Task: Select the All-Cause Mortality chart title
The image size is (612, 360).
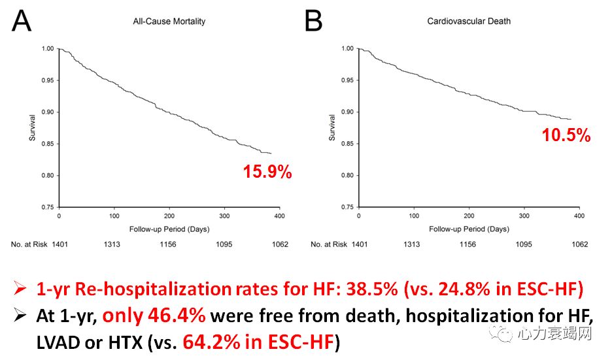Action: pos(165,21)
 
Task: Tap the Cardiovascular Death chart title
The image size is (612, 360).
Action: pos(469,21)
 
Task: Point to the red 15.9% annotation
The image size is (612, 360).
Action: pos(267,172)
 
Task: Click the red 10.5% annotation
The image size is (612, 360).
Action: pos(566,135)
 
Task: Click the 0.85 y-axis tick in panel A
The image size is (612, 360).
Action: pos(48,144)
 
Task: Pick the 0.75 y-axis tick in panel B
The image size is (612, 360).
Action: pos(348,207)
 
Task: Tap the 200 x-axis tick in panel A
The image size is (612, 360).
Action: pos(169,216)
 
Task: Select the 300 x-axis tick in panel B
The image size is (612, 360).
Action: pos(523,216)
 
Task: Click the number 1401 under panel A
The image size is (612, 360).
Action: pos(59,244)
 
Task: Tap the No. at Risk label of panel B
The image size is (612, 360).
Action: pos(329,244)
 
